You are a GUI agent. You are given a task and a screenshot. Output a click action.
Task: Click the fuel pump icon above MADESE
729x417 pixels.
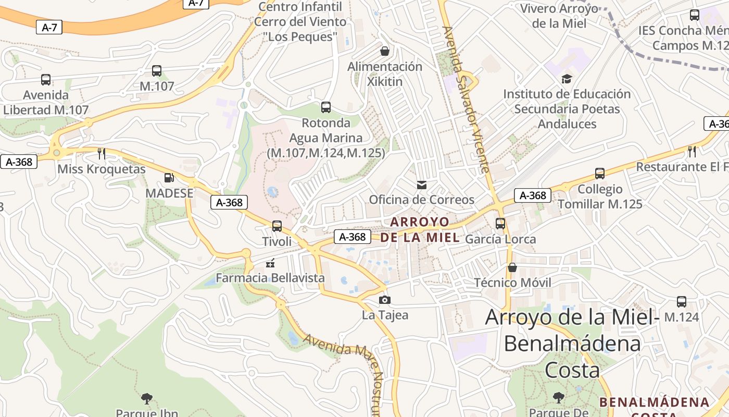169,178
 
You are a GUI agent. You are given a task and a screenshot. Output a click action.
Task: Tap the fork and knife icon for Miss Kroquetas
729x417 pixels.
102,153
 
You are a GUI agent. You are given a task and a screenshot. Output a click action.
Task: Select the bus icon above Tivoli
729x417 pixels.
277,226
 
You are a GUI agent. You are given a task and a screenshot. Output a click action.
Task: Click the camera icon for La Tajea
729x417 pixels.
385,300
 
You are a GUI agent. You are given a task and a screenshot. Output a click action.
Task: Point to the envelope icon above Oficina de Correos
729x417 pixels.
421,185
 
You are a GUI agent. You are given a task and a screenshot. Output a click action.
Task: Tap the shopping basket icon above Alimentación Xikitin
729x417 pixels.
385,51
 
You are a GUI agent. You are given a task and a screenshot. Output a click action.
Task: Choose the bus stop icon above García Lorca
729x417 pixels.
500,224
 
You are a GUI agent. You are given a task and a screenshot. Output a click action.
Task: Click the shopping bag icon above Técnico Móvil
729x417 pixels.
512,267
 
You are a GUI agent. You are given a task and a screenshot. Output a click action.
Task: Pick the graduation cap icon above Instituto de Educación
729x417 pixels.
567,79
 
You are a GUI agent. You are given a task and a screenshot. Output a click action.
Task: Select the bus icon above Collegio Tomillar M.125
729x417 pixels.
600,174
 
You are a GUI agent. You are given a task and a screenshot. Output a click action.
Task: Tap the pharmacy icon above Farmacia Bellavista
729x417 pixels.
270,263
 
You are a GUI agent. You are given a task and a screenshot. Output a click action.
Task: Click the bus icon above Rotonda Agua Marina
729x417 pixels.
326,107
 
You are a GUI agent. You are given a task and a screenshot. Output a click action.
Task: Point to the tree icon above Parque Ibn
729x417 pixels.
147,399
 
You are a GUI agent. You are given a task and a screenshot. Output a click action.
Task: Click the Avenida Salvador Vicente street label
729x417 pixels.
466,99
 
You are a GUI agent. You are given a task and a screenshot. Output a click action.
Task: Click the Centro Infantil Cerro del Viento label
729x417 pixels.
300,22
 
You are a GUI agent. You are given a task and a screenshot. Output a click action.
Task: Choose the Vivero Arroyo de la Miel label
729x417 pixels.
559,16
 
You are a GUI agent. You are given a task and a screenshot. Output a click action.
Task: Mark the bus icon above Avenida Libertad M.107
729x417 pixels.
46,80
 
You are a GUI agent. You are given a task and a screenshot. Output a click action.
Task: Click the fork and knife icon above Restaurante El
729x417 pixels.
692,152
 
